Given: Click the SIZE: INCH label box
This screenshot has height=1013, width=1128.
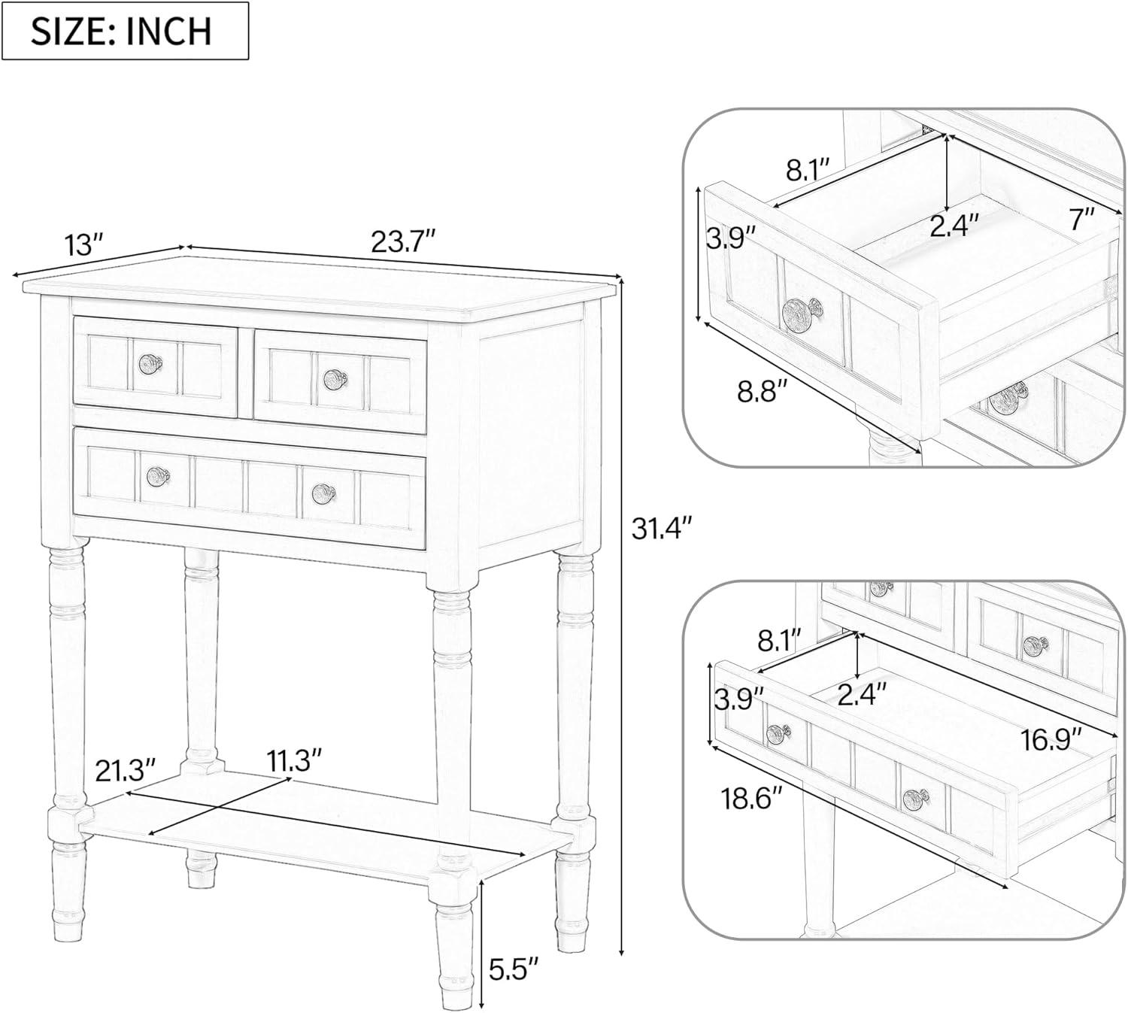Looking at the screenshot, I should coord(124,31).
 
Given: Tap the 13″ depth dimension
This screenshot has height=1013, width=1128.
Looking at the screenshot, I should coord(82,245).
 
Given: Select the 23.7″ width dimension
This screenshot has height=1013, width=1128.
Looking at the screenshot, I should coord(403,242).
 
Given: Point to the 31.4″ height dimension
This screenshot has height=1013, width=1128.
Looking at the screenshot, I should coord(660,529).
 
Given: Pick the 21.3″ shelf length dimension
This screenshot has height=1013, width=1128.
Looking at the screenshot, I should coord(125,770).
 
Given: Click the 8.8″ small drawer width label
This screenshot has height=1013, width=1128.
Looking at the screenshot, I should coord(762,392).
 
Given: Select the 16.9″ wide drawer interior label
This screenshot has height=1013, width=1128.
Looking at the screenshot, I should coord(1051,739).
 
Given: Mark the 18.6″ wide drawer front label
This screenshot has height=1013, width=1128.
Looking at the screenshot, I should coord(753,799).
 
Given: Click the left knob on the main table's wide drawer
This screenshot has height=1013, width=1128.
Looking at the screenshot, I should coord(157,476).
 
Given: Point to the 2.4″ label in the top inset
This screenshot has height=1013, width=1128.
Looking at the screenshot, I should coord(954,225).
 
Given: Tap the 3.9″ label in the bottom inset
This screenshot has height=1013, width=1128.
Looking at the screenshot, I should coord(739,699).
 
